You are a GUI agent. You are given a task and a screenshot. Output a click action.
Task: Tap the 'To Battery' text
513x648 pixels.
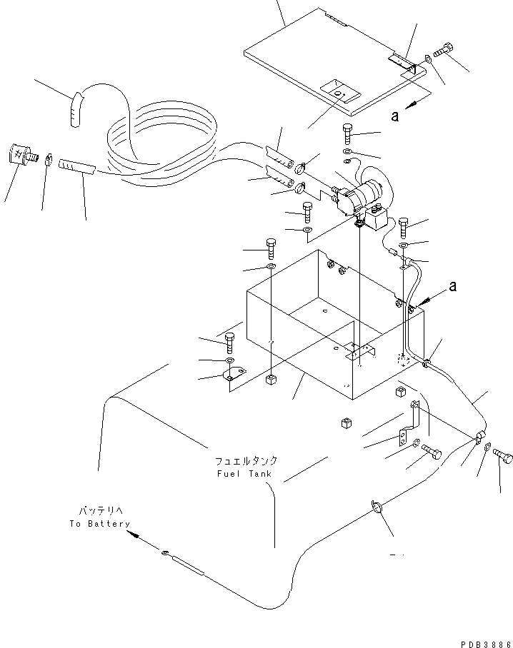(x=100, y=523)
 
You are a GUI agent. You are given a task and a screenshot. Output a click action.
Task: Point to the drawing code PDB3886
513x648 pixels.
(x=479, y=642)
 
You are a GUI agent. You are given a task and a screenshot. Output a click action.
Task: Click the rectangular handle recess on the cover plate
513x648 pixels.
(x=339, y=91)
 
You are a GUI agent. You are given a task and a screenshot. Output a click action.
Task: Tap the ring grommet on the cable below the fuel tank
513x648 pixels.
(x=377, y=507)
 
